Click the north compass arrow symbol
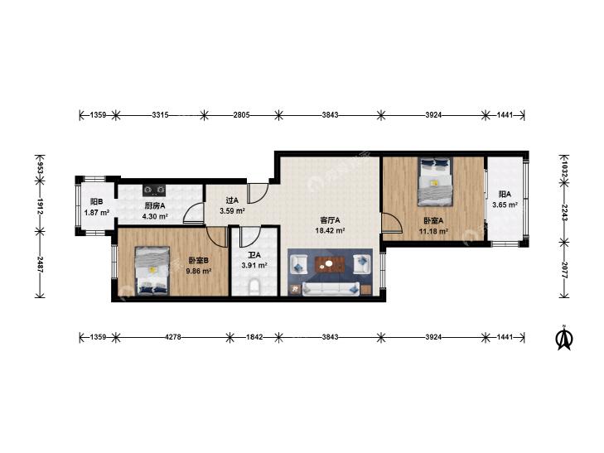pos(564,338)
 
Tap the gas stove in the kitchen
pos(154,190)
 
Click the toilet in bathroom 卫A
pos(254,287)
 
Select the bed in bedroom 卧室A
pos(435,181)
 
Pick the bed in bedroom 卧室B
pos(152,271)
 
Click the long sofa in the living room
pos(331,289)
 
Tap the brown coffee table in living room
pos(330,264)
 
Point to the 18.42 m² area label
pos(330,231)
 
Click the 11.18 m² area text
pos(433,231)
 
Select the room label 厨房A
pos(155,205)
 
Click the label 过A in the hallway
pos(232,200)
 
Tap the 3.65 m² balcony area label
pos(505,205)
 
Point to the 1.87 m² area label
pos(97,212)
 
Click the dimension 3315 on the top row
pos(160,114)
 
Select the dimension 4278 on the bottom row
pos(173,337)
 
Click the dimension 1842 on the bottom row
pos(254,337)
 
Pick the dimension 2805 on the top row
pos(242,114)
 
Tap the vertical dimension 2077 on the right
pos(564,270)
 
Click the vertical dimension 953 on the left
pos(40,167)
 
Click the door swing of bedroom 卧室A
pos(392,224)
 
